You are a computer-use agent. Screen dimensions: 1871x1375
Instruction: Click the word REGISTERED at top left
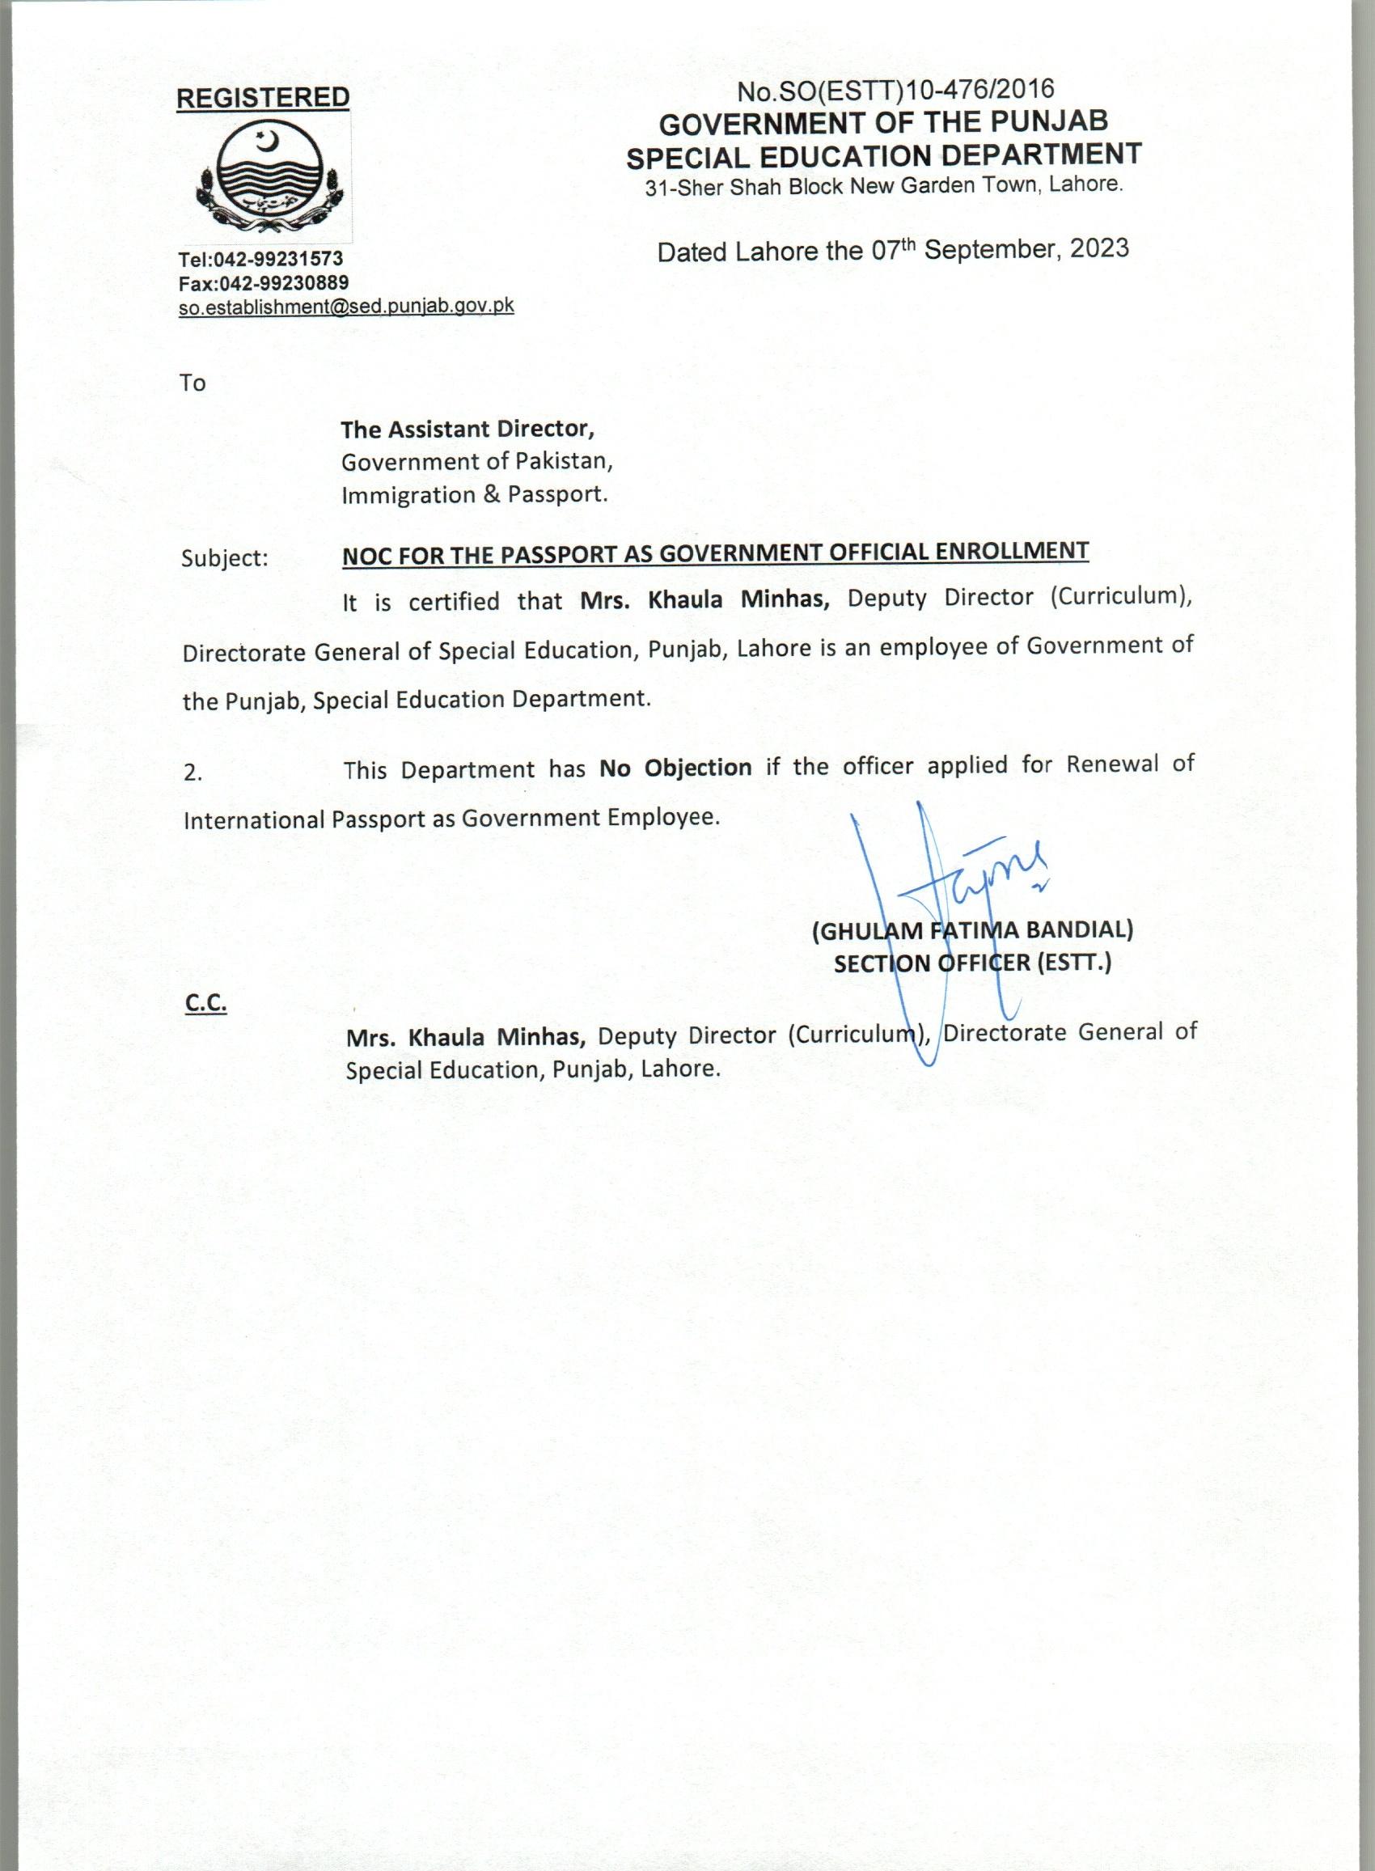point(262,97)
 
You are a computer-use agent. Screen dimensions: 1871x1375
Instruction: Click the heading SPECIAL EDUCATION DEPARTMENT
point(884,155)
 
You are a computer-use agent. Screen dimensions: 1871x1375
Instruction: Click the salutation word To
point(192,383)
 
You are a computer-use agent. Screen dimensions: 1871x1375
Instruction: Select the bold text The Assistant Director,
point(467,429)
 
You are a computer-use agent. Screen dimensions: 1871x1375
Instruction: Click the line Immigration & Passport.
point(475,494)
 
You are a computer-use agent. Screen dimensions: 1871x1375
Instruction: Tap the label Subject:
point(225,557)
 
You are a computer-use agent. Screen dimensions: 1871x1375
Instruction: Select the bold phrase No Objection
point(675,768)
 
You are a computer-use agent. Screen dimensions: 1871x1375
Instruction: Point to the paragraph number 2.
point(192,773)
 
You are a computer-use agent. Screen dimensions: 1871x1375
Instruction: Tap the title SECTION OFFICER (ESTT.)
point(972,963)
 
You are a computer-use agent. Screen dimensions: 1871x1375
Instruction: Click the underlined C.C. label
point(205,1005)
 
